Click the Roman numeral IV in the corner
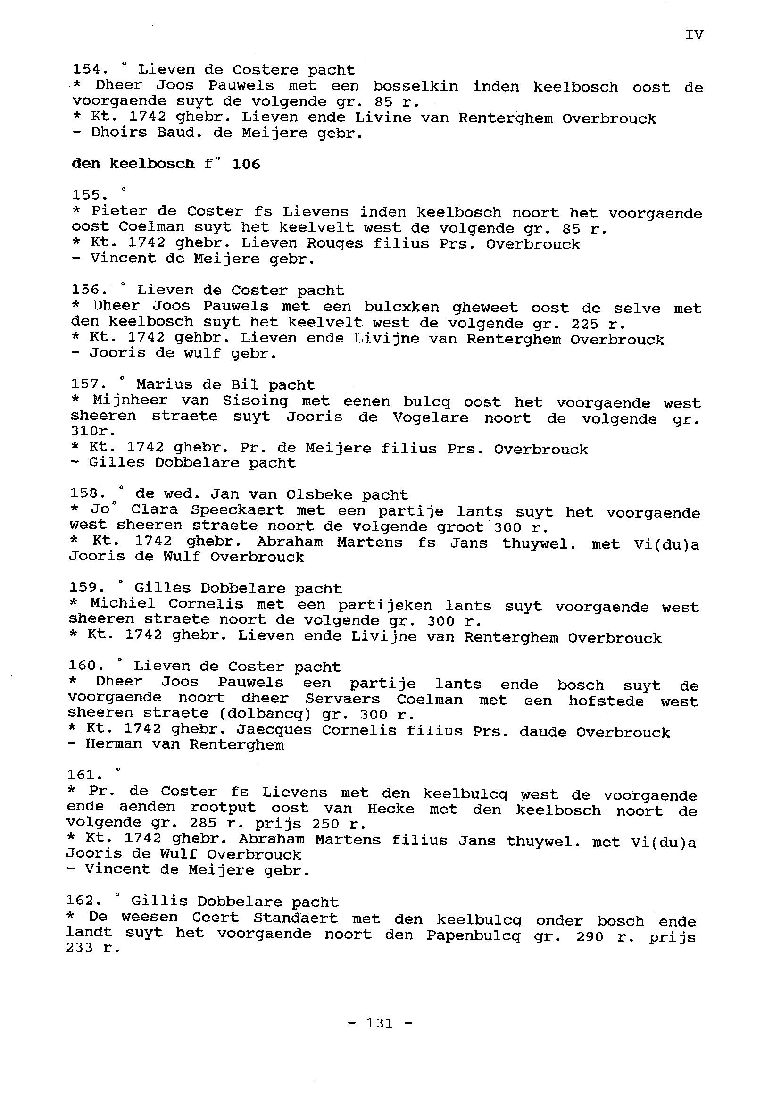(694, 34)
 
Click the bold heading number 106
(246, 165)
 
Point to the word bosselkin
(415, 87)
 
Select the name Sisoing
(255, 401)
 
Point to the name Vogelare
(431, 417)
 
